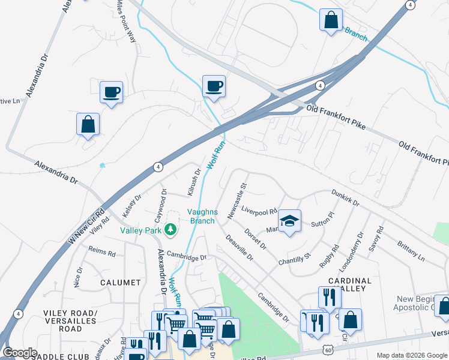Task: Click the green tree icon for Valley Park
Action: pos(170,229)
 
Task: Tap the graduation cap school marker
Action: pos(289,221)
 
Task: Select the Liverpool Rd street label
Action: pos(259,211)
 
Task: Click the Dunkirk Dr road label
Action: pos(345,199)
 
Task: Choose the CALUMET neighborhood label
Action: pos(121,282)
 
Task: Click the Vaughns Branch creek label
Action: pos(201,216)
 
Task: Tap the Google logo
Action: pos(20,353)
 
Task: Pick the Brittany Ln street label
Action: pos(411,251)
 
